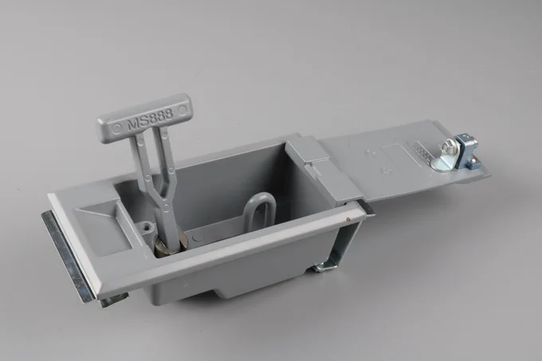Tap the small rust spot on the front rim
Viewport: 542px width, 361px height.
[348, 218]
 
